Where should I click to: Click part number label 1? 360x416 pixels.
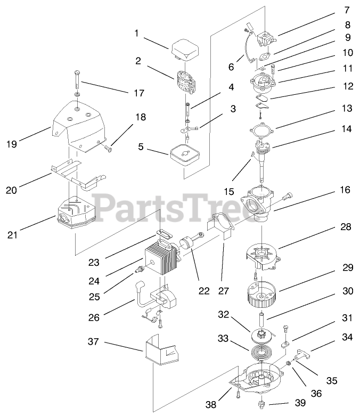136,33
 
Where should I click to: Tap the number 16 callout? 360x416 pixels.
346,190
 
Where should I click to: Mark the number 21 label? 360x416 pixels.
12,233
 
